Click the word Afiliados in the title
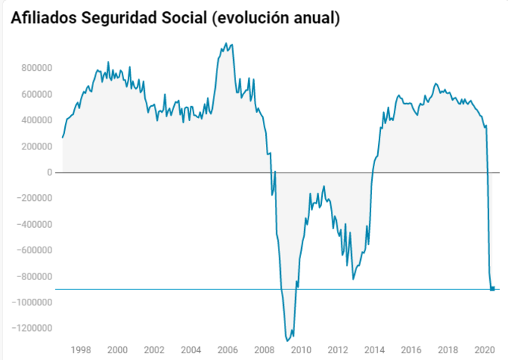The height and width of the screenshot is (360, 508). (43, 18)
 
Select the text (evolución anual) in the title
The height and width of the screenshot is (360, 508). (277, 18)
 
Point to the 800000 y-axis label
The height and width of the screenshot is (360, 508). (36, 68)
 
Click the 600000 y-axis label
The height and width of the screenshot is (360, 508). (36, 94)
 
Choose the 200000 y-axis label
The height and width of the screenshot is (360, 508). (36, 146)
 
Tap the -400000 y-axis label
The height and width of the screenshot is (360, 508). (34, 224)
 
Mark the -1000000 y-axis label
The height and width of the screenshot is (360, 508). (32, 302)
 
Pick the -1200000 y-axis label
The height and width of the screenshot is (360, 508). (32, 329)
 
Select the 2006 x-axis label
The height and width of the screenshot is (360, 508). (228, 350)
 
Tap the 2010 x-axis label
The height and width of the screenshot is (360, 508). (301, 350)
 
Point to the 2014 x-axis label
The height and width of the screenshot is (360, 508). (374, 350)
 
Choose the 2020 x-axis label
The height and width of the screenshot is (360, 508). (485, 350)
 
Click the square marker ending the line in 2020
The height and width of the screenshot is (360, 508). (492, 289)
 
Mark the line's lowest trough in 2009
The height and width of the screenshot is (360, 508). (288, 341)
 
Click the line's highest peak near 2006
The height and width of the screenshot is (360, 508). (227, 43)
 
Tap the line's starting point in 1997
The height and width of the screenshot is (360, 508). (62, 137)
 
